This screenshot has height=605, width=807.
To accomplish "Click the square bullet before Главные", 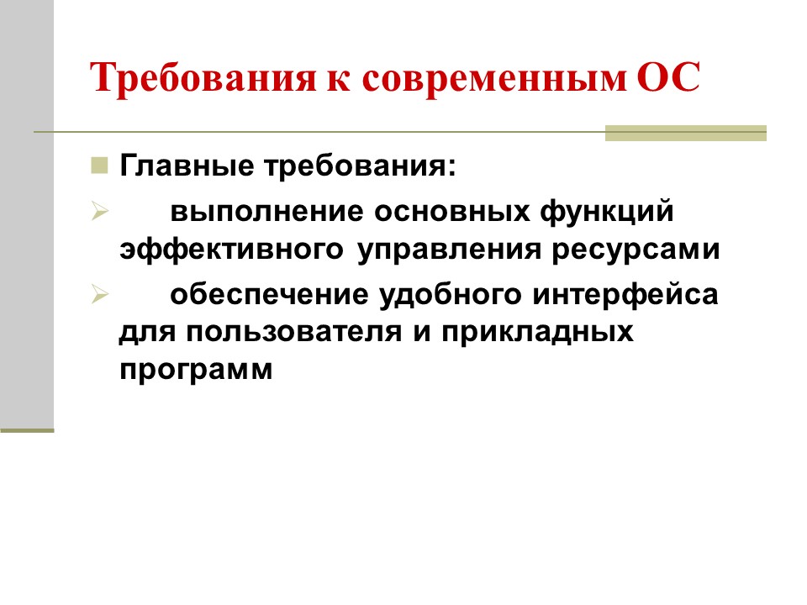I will coord(99,164).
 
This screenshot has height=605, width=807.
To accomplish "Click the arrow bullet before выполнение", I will coord(99,213).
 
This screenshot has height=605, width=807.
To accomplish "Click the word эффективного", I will coord(231,250).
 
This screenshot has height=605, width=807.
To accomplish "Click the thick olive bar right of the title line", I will coord(686,133).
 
